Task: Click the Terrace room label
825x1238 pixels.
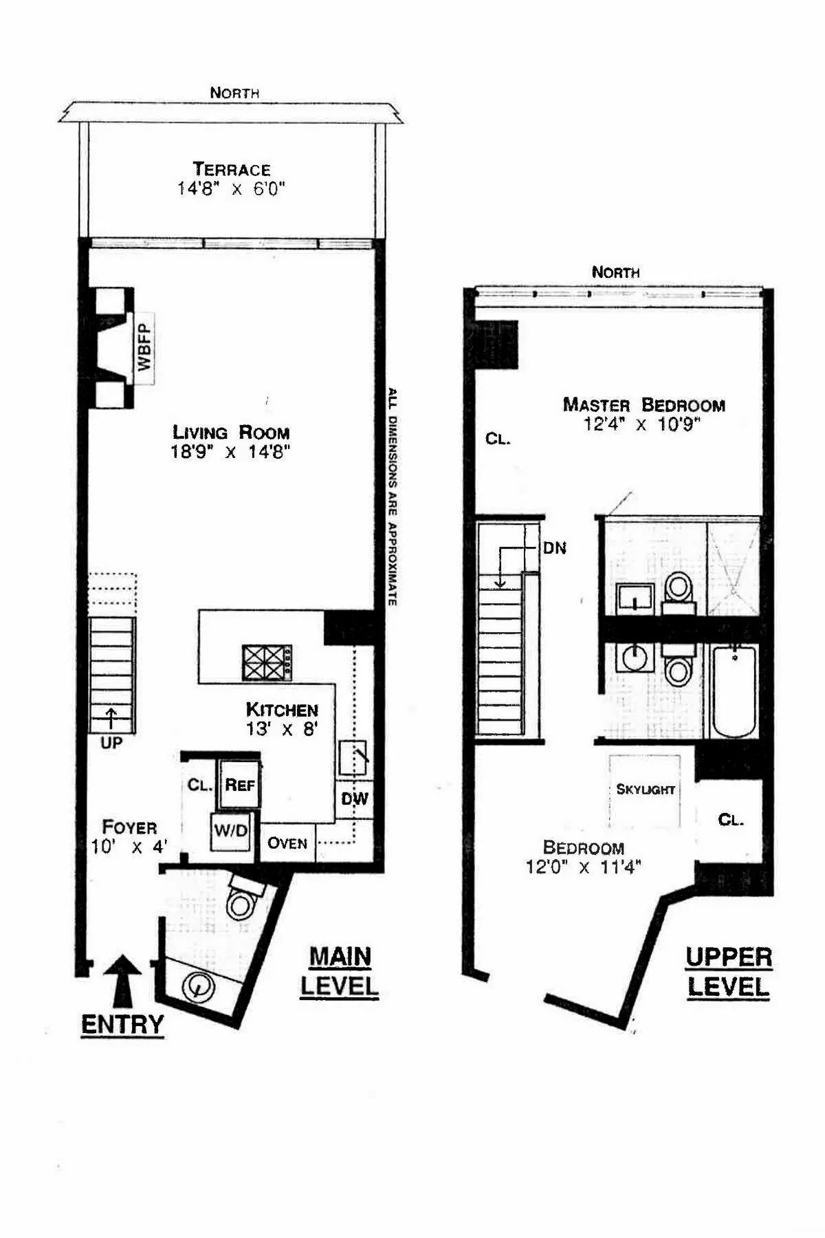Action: tap(231, 169)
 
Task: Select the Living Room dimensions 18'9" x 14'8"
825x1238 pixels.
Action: tap(231, 452)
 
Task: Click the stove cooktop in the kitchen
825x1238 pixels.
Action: tap(267, 663)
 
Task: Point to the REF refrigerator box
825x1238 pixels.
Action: tap(239, 784)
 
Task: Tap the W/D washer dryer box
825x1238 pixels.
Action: tap(230, 831)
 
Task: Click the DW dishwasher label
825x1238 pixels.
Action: tap(355, 799)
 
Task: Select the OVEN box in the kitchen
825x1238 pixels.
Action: tap(287, 843)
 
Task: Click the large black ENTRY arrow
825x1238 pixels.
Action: tap(123, 984)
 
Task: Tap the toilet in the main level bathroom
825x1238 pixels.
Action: tap(240, 902)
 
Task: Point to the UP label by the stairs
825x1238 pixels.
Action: tap(111, 743)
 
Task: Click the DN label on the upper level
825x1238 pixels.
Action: tap(554, 548)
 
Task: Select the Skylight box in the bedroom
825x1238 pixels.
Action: tap(645, 790)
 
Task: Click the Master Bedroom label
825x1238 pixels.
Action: tap(643, 404)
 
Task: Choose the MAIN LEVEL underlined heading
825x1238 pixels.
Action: tap(340, 971)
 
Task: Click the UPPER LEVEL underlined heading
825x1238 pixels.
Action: tap(728, 971)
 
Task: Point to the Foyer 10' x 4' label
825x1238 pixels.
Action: tap(129, 836)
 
